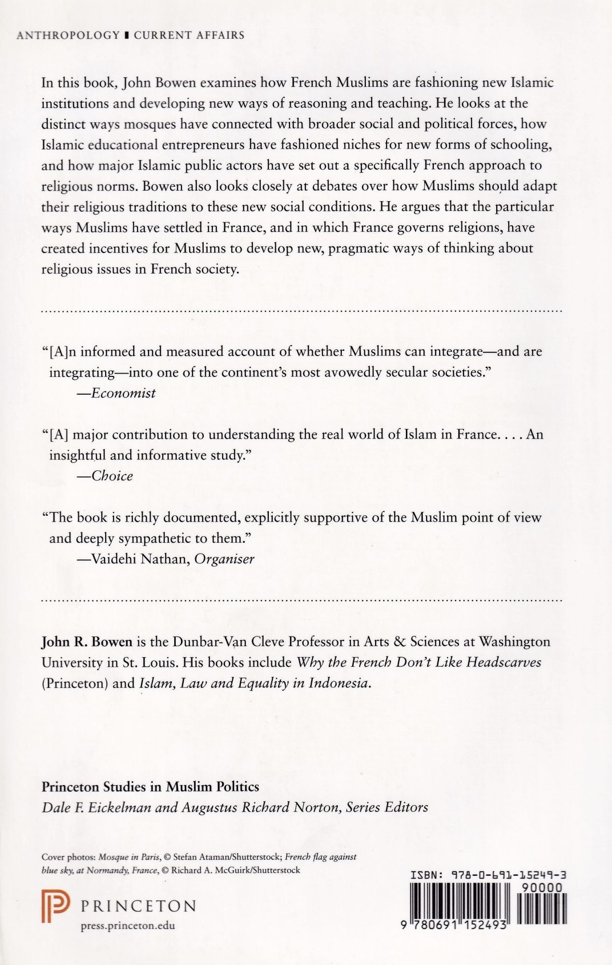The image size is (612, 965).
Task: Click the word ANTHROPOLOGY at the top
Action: (68, 35)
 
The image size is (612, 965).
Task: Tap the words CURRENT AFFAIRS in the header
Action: (189, 35)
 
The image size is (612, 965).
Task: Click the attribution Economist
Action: (123, 393)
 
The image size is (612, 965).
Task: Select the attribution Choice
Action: (112, 476)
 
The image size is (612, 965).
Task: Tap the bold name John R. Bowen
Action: (87, 642)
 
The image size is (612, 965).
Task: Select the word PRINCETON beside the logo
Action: (138, 906)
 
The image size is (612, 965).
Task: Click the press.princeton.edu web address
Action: (127, 925)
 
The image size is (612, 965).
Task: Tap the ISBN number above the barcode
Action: (487, 875)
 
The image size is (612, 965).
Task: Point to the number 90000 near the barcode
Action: (542, 887)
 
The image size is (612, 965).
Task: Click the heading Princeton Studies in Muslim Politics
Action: (151, 786)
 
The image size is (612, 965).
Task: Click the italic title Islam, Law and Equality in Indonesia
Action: (254, 683)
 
